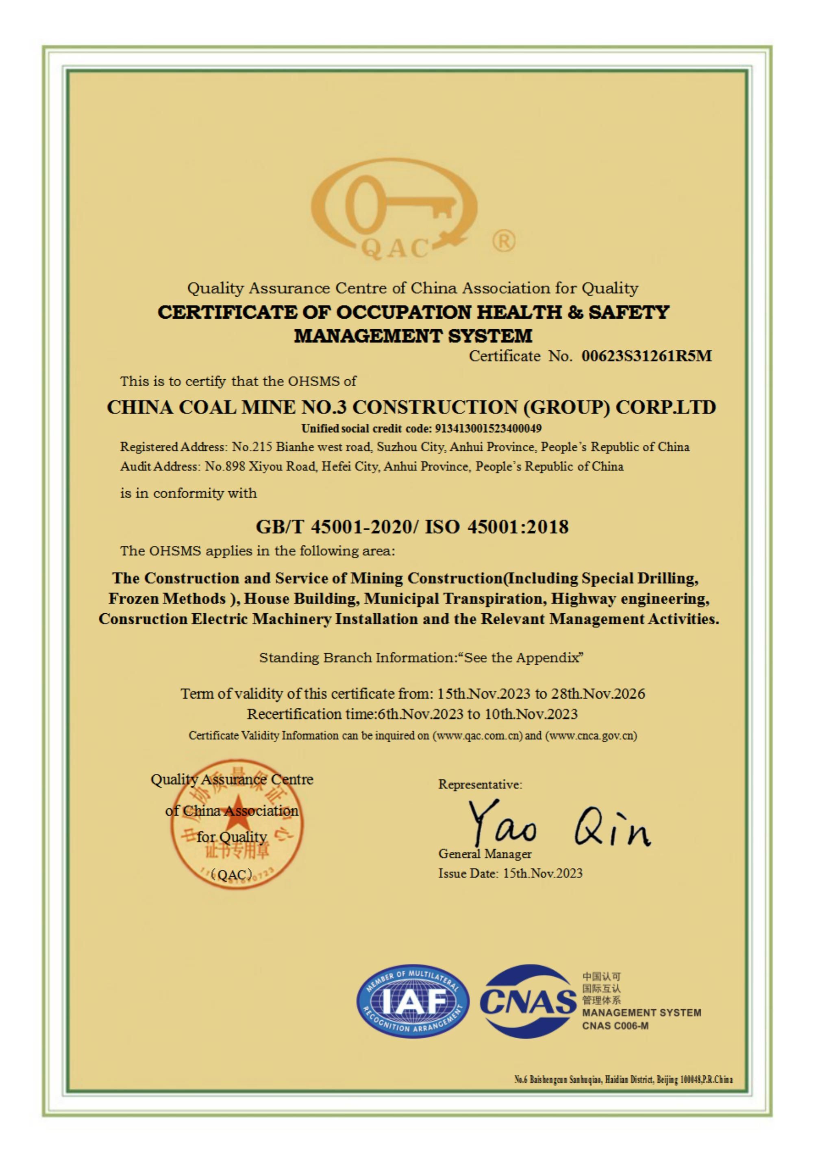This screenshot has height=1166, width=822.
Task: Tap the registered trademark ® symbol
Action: [503, 241]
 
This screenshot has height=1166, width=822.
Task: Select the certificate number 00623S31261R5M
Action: [646, 356]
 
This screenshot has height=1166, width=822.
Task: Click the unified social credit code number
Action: [488, 428]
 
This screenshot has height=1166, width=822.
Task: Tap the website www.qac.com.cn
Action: [477, 735]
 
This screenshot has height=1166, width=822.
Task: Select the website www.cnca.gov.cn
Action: [591, 735]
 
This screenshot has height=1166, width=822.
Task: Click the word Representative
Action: [480, 785]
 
